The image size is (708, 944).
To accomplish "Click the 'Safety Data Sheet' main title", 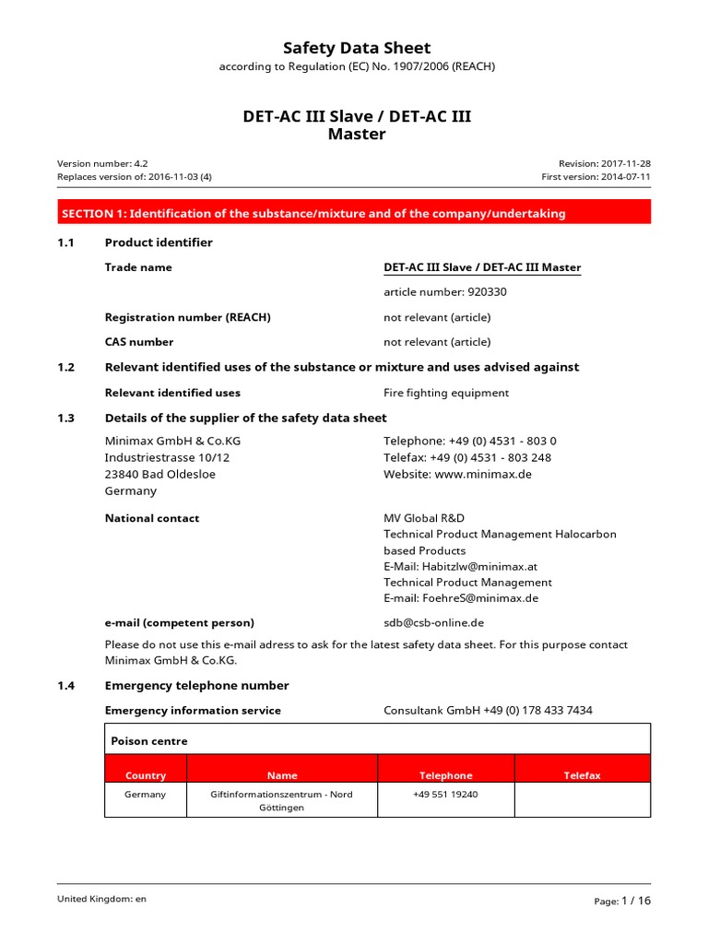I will tap(356, 48).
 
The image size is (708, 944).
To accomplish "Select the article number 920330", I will tap(445, 292).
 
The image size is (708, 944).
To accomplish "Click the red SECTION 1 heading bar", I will tap(354, 213).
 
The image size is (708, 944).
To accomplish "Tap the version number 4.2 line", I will tap(102, 163).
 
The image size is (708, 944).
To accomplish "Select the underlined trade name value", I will tap(482, 267).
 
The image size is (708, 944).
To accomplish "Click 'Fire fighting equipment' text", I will tap(445, 393).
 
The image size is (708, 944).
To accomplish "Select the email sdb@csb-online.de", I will tap(433, 622).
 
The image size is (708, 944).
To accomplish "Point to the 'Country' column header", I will tap(146, 775).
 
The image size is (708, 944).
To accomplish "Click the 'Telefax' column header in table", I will tap(582, 775).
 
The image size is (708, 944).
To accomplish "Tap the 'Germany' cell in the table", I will tap(146, 794).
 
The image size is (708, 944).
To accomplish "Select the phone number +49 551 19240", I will tap(445, 794).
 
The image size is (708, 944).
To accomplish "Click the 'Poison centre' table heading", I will tap(148, 740).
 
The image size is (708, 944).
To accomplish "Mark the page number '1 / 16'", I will tap(636, 901).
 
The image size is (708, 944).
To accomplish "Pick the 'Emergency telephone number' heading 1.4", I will tap(196, 685).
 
